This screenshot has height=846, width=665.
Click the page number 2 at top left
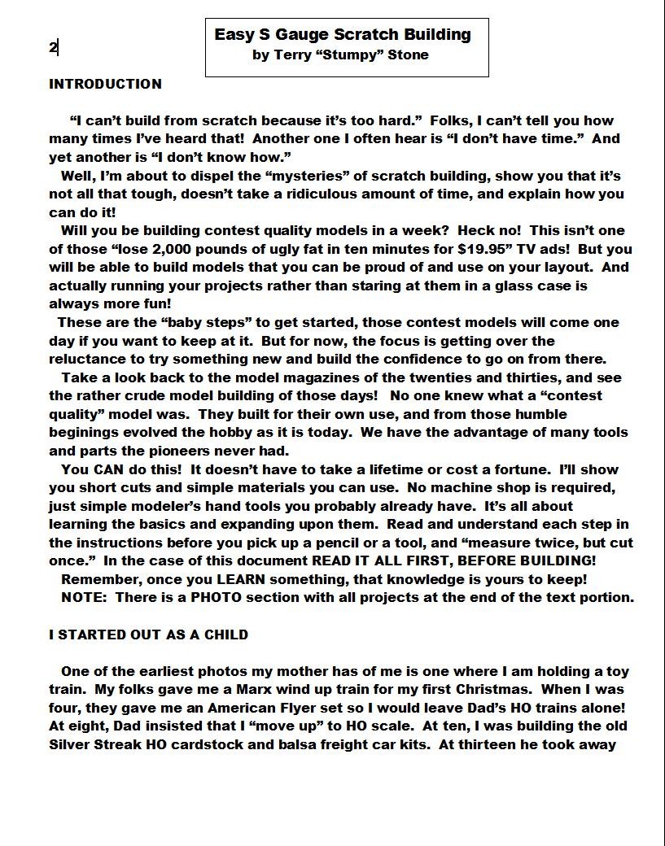click(x=53, y=47)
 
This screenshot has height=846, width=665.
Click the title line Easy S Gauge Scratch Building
click(x=343, y=35)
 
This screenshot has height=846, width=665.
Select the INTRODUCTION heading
click(x=105, y=84)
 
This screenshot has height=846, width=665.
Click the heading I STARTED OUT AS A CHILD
click(x=148, y=634)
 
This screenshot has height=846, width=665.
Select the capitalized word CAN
click(x=108, y=469)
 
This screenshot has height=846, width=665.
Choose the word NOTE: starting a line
click(x=84, y=597)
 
